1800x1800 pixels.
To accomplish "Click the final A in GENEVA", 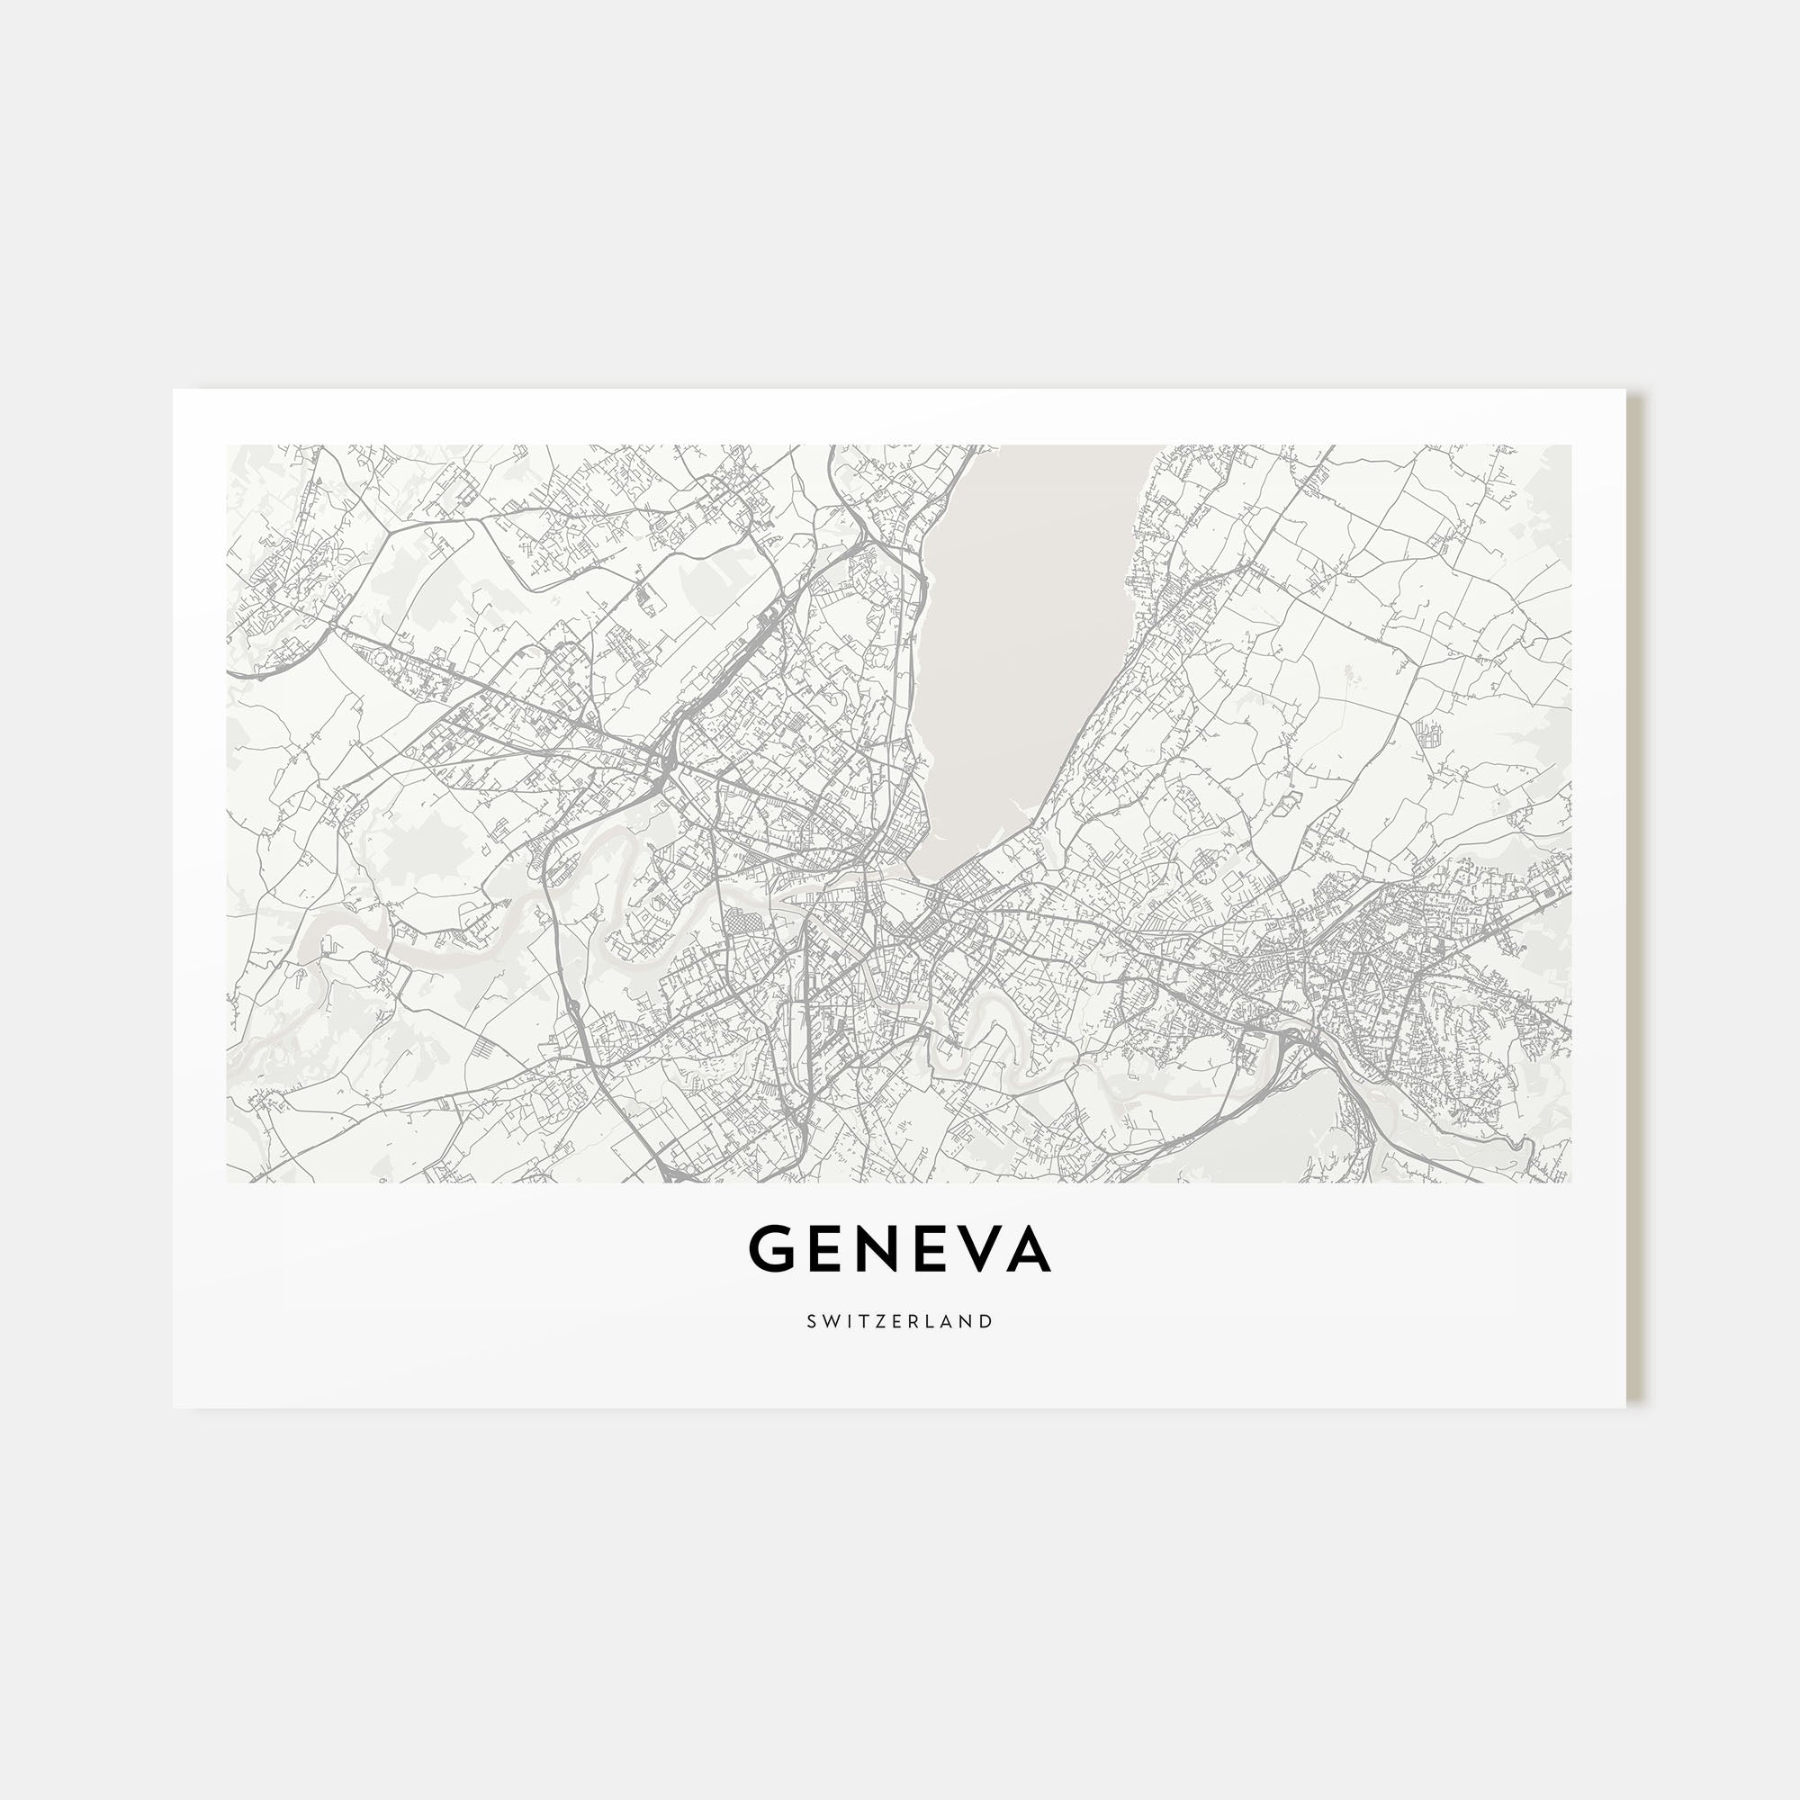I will (1030, 1249).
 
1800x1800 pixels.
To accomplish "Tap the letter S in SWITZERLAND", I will (813, 1321).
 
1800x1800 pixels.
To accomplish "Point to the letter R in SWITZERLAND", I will (911, 1321).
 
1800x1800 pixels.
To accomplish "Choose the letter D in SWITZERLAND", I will (985, 1321).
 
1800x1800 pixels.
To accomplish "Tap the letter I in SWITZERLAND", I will (846, 1321).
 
